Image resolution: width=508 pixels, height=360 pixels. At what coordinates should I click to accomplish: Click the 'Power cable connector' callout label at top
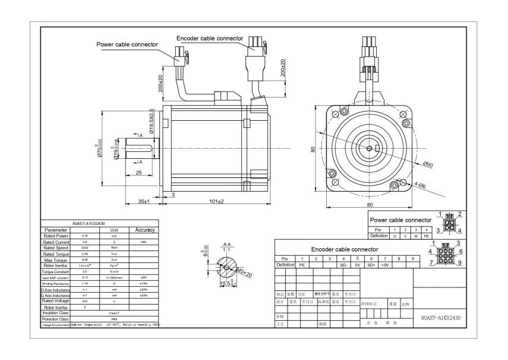127,44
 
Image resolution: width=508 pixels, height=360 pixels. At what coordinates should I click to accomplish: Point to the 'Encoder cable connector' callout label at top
210,38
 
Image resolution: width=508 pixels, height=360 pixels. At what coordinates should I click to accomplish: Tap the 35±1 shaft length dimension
144,201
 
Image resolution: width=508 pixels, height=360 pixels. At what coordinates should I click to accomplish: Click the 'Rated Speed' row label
56,248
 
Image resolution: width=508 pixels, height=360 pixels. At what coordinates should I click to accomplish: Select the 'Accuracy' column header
144,230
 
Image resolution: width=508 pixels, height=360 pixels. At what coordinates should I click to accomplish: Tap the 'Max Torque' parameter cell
56,260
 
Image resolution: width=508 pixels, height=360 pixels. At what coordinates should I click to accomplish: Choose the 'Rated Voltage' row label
56,301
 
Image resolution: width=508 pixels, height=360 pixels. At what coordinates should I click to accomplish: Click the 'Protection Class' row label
56,318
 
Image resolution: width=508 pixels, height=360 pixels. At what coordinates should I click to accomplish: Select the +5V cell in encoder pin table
384,265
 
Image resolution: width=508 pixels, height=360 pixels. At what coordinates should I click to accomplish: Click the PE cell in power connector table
426,236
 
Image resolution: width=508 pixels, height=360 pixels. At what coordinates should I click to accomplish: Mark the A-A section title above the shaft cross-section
226,245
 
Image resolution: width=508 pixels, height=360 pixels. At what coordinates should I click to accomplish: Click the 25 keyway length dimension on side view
138,173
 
